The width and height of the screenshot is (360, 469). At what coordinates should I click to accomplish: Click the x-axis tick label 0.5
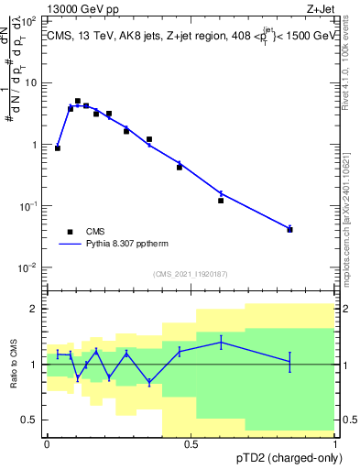click(x=191, y=444)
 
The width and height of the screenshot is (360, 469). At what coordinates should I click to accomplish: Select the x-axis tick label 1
click(x=334, y=444)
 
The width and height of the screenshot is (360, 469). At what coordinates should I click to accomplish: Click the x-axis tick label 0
click(x=47, y=444)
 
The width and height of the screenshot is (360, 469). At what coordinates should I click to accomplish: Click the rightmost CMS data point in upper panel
click(x=289, y=229)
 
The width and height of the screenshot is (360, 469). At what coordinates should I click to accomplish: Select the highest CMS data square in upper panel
click(x=78, y=101)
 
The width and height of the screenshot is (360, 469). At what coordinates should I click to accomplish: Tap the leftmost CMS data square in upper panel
click(x=58, y=147)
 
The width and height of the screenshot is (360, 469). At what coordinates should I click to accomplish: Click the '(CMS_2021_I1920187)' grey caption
click(x=191, y=274)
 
